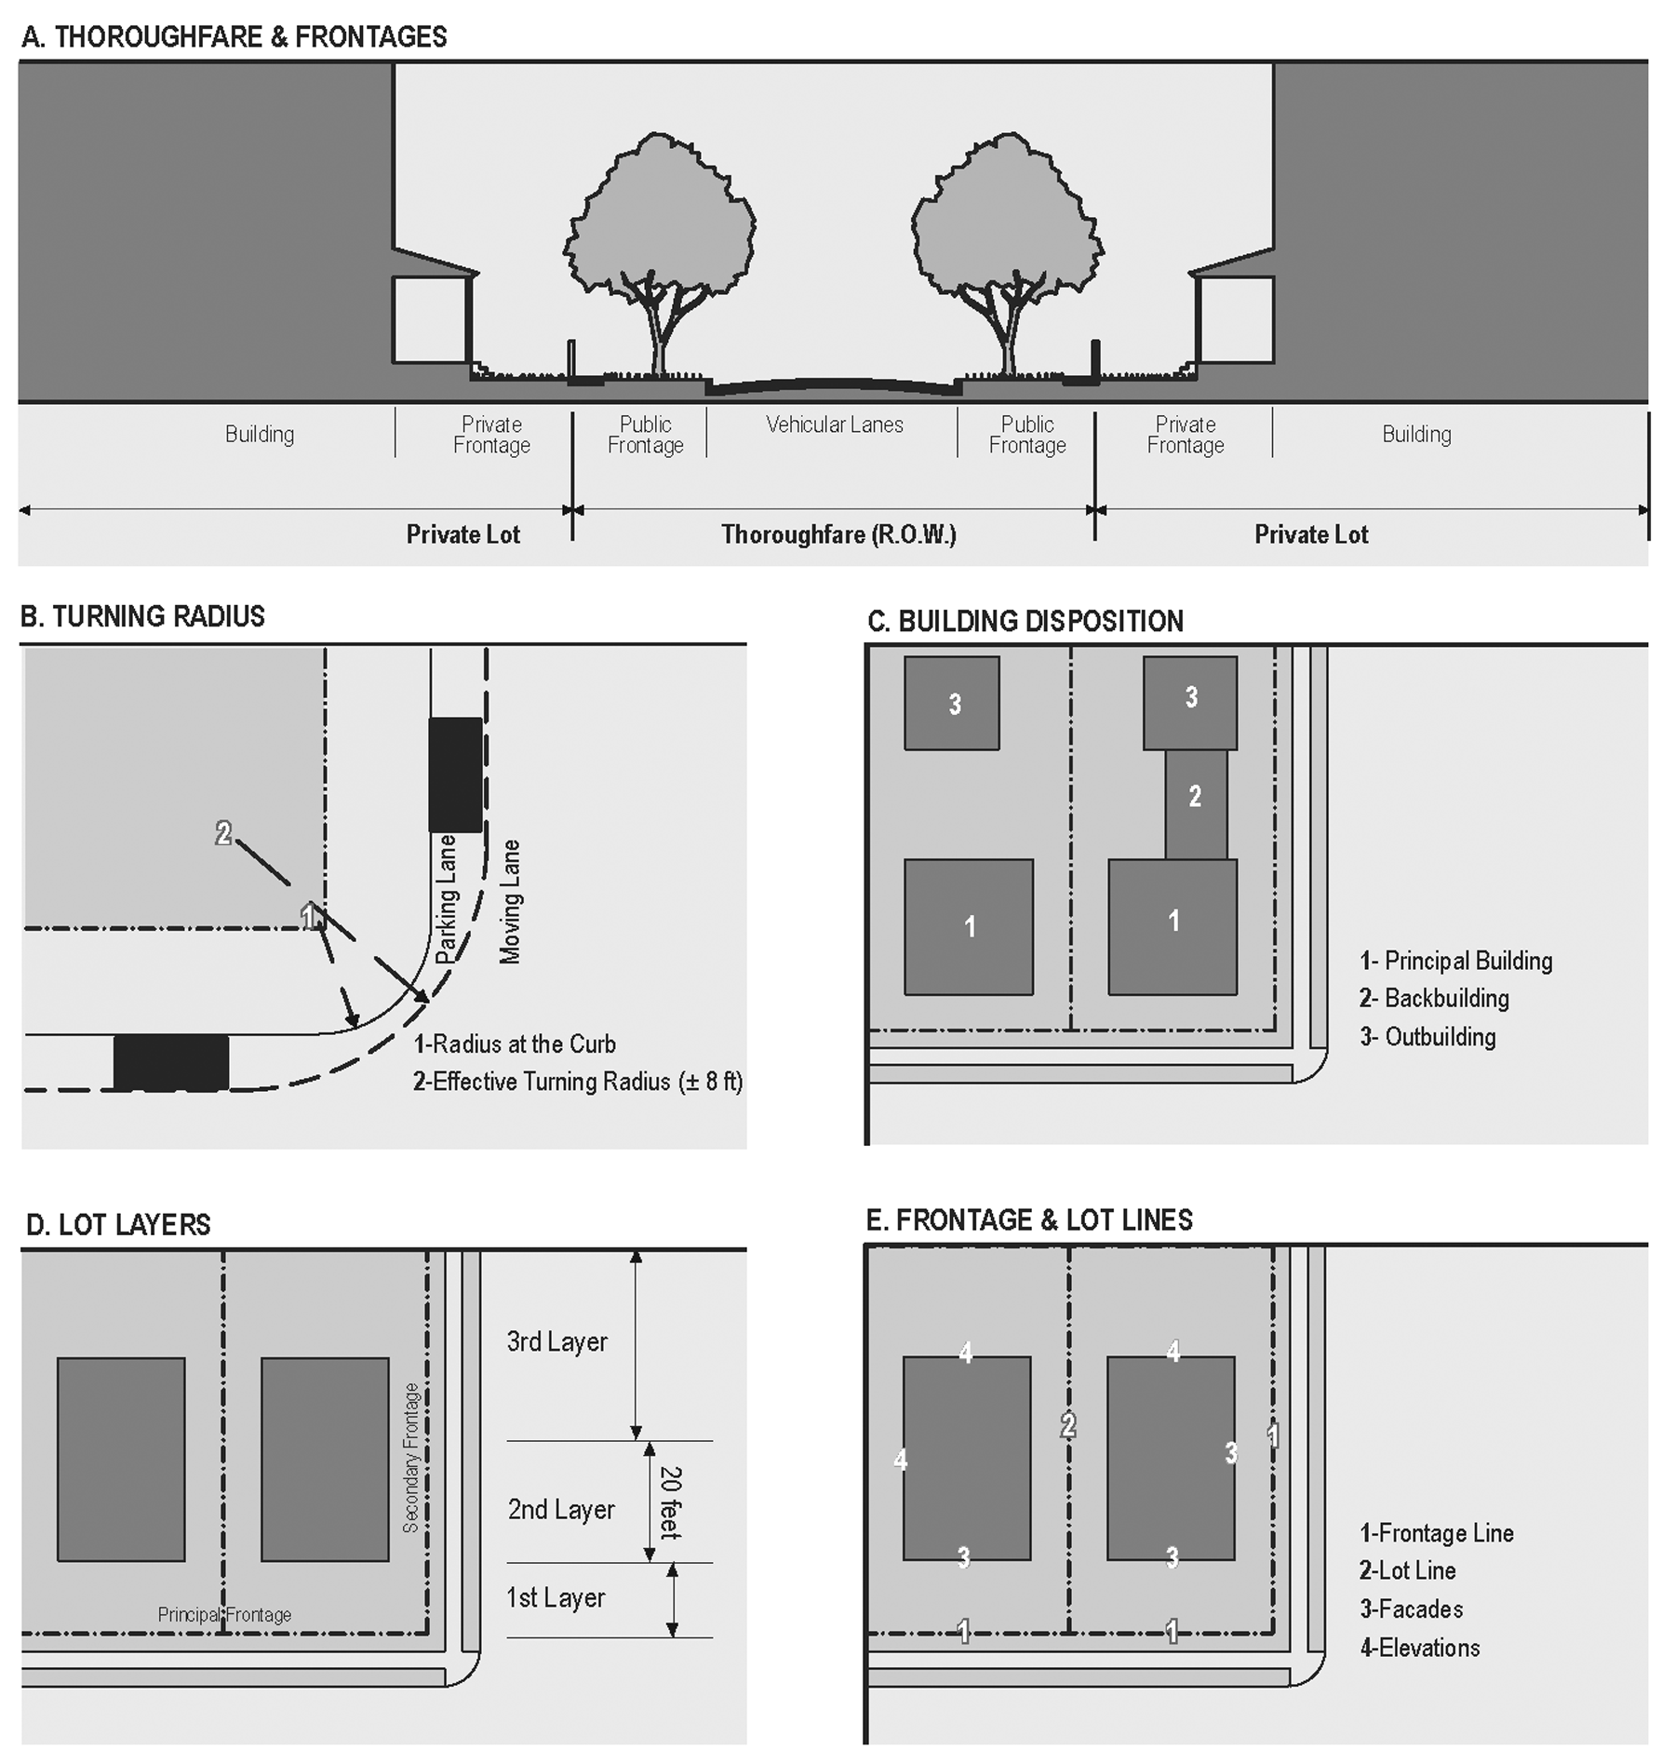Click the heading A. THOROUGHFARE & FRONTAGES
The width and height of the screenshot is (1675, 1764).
(x=234, y=37)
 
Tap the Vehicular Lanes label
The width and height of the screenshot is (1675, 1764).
(x=834, y=424)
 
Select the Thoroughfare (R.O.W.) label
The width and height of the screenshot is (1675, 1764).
(x=838, y=534)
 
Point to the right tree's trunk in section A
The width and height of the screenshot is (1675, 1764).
(x=1009, y=344)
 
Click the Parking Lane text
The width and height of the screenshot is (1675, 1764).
(x=447, y=898)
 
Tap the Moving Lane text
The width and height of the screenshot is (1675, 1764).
(x=510, y=901)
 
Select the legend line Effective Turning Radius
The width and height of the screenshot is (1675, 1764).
(x=577, y=1081)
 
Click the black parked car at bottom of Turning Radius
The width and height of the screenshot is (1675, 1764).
(x=171, y=1062)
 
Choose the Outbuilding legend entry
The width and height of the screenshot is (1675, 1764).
(x=1427, y=1036)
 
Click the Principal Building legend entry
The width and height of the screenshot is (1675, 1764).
(x=1455, y=960)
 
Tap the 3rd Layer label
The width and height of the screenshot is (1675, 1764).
(x=556, y=1341)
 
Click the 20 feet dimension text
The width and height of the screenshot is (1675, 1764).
(x=670, y=1502)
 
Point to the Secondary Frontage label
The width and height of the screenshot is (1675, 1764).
(x=411, y=1458)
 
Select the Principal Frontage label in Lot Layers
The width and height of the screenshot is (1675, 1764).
(x=224, y=1614)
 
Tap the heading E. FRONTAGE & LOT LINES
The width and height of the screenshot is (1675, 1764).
(x=1029, y=1219)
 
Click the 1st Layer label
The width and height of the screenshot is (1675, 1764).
(x=556, y=1597)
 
